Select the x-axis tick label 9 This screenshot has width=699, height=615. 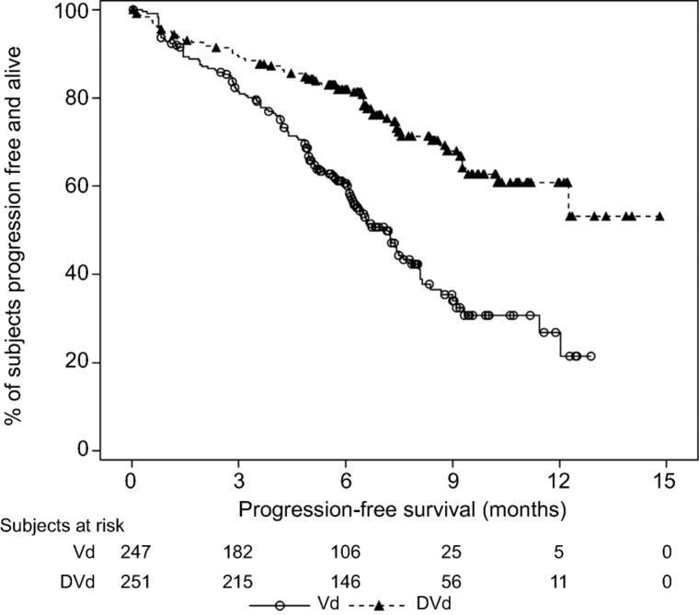452,481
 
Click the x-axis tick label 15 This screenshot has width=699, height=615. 665,481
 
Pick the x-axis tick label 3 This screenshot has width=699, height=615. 238,481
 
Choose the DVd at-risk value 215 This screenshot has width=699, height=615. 238,582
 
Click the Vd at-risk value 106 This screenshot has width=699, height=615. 345,552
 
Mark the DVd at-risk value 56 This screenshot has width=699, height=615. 452,582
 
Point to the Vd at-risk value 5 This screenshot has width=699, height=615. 558,552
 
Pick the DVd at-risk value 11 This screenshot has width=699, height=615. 558,582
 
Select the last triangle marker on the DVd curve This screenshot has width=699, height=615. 659,217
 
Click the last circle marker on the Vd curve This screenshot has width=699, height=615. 590,356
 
